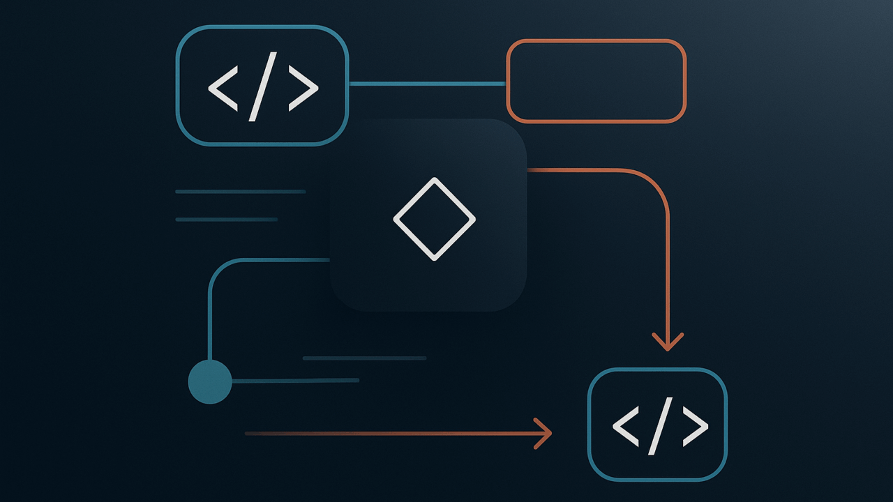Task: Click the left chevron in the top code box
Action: click(224, 89)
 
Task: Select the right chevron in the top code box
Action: click(303, 89)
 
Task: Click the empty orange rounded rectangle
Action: click(596, 82)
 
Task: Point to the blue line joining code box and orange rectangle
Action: click(427, 84)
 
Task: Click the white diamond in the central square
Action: click(434, 219)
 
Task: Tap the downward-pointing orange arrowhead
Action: click(668, 342)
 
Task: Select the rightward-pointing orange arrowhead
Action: click(543, 434)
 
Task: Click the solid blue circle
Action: click(210, 381)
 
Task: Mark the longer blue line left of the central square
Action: click(241, 191)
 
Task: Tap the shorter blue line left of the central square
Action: click(227, 219)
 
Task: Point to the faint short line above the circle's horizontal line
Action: click(364, 358)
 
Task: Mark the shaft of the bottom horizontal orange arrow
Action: click(391, 434)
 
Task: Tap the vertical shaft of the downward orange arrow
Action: click(668, 272)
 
